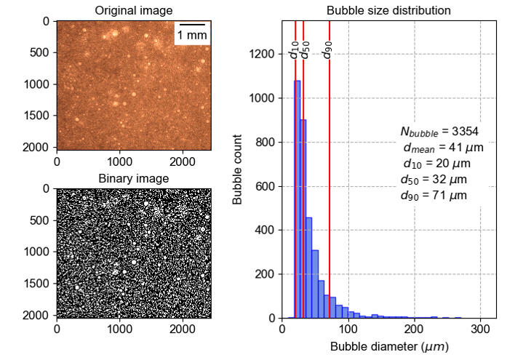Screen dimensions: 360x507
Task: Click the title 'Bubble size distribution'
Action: click(x=388, y=10)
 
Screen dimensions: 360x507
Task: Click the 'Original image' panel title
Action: click(x=134, y=10)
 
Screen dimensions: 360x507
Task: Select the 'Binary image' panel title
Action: click(x=134, y=178)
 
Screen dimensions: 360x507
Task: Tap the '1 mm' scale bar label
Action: click(x=192, y=35)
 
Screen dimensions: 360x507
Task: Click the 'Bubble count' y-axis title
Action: click(x=238, y=169)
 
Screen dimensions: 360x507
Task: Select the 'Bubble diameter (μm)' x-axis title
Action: click(x=389, y=347)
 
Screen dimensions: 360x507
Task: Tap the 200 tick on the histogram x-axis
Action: click(x=414, y=329)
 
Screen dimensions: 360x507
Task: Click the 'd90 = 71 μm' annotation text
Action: click(x=434, y=196)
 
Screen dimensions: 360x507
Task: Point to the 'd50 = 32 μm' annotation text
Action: click(x=434, y=180)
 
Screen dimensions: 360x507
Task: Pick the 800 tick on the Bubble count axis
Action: click(x=266, y=143)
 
